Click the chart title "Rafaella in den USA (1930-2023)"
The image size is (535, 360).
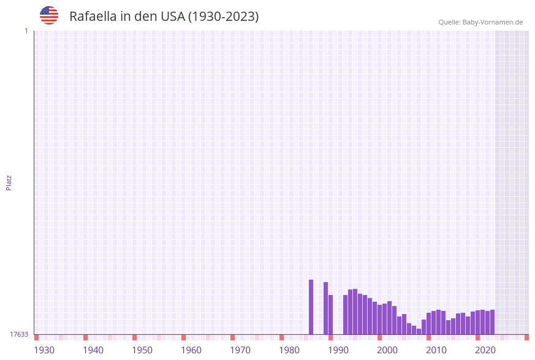164,17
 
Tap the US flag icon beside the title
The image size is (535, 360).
49,15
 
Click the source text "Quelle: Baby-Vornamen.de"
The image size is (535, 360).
480,22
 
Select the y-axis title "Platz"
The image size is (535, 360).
9,182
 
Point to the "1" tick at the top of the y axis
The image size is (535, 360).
26,31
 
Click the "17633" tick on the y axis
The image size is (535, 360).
19,334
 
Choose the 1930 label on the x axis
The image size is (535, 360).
44,350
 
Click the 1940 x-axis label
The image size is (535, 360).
93,350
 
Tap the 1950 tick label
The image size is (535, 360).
142,350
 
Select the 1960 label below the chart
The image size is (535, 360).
191,350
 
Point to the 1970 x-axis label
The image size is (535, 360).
240,350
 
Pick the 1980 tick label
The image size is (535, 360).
289,350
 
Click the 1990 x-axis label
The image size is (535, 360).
338,350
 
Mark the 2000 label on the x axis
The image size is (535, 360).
387,350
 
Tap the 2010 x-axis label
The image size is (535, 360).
436,350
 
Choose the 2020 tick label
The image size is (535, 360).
485,350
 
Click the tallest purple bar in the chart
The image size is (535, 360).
311,307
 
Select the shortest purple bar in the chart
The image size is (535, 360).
419,331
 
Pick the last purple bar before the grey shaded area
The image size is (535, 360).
492,322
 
